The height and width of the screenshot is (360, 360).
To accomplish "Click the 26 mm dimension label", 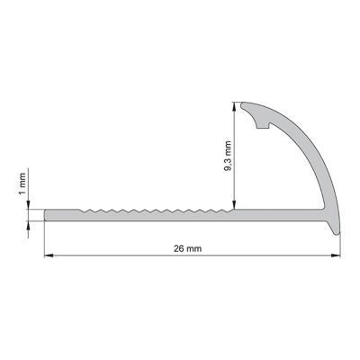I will pos(190,247).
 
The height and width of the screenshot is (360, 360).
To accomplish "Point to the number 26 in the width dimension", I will pos(184,247).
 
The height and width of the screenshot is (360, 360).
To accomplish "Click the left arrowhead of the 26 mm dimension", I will pos(49,256).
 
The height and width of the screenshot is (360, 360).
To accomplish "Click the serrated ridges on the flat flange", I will pos(153,211).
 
